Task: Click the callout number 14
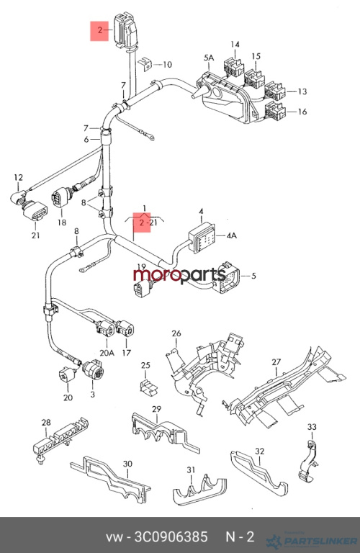(x=235, y=44)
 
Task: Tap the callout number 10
(x=167, y=65)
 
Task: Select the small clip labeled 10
(x=145, y=63)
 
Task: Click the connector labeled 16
(x=275, y=111)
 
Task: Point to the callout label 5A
(x=209, y=58)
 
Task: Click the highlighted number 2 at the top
(x=100, y=30)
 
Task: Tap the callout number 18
(x=62, y=222)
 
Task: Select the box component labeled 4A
(x=202, y=239)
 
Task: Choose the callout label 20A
(x=107, y=352)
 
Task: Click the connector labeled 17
(x=125, y=328)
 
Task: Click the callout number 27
(x=276, y=362)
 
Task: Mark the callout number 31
(x=191, y=469)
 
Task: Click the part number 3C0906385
(x=171, y=536)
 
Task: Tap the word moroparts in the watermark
(x=179, y=274)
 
